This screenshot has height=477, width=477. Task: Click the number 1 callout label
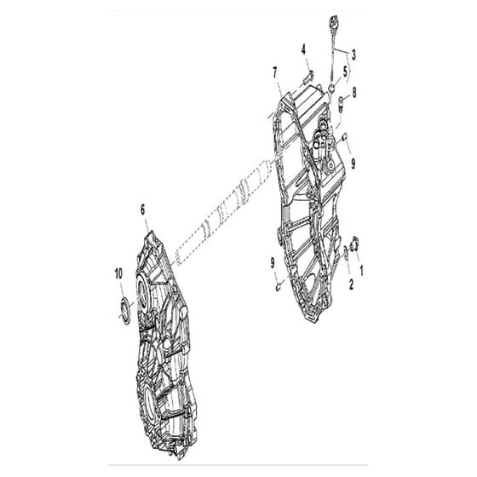click(x=361, y=270)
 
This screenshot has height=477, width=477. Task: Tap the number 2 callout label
click(x=351, y=284)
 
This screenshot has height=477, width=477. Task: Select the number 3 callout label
click(x=353, y=55)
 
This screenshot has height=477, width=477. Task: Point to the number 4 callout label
click(x=303, y=49)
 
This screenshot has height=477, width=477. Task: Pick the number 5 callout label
click(x=345, y=72)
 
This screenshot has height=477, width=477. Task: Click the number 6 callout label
click(x=143, y=210)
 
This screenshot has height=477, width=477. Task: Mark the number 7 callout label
click(x=275, y=73)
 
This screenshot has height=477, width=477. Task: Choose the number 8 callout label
click(x=354, y=93)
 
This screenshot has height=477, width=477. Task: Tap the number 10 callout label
click(x=118, y=273)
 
